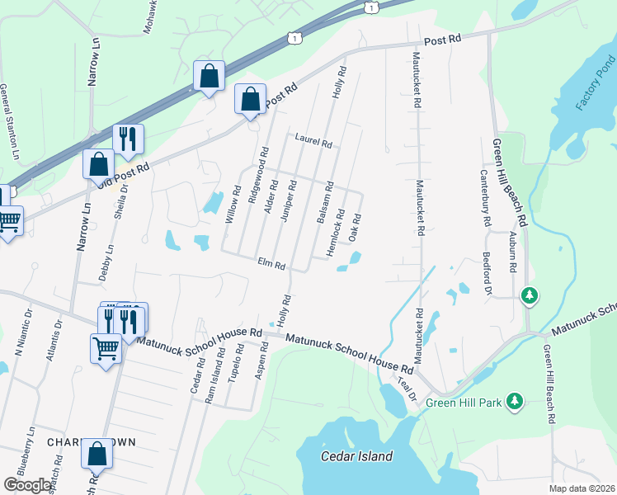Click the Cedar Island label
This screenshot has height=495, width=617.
[356, 456]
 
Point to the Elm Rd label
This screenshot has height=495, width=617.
[271, 265]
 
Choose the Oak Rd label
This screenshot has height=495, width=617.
[356, 229]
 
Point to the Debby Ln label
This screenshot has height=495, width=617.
[107, 262]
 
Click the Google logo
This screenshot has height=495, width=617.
[27, 485]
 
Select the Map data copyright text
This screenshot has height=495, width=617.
[581, 488]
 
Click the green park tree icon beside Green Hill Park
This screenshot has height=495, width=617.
[515, 400]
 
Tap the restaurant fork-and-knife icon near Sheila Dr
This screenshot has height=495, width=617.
[128, 139]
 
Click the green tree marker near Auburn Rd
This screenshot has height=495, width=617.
[530, 295]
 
